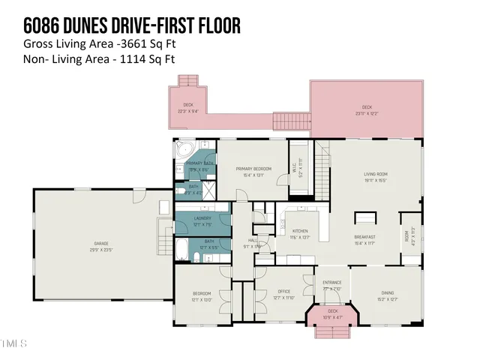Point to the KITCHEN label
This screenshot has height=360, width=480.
[x=300, y=231]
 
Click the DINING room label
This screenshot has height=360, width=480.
[x=387, y=293]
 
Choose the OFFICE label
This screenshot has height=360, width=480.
[x=283, y=292]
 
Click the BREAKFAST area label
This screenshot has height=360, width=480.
[x=365, y=237]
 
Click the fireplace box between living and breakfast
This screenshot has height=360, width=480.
[x=365, y=218]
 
